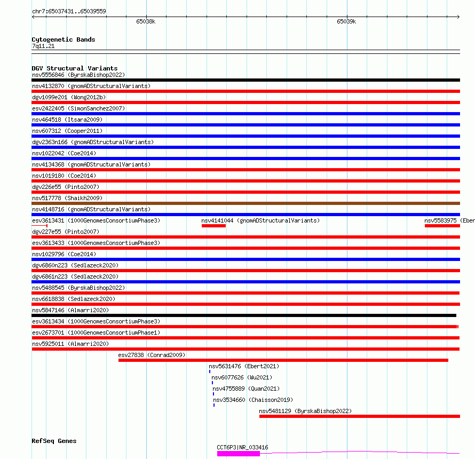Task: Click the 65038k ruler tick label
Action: [x=145, y=22]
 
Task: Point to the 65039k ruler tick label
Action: [x=346, y=22]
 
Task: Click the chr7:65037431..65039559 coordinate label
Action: [x=69, y=11]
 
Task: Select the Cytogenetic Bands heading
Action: [x=64, y=39]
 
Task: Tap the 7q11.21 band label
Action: [x=43, y=46]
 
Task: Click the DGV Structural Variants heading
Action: [x=74, y=68]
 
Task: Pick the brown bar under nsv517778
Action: [x=246, y=203]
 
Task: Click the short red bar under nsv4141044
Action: [x=213, y=226]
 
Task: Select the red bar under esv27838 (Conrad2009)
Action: [x=283, y=360]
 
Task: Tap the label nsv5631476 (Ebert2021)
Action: [x=244, y=366]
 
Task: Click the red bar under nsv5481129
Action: [x=359, y=416]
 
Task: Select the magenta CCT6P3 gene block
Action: [x=238, y=454]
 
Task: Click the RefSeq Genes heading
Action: [x=54, y=441]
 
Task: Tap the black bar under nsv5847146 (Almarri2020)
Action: [x=244, y=315]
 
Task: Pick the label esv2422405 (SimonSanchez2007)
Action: [x=78, y=108]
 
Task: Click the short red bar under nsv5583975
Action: [x=442, y=226]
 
